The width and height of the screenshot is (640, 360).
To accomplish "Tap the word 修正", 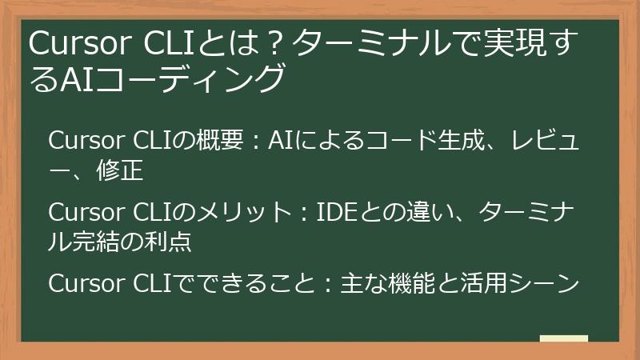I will tap(122, 170).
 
